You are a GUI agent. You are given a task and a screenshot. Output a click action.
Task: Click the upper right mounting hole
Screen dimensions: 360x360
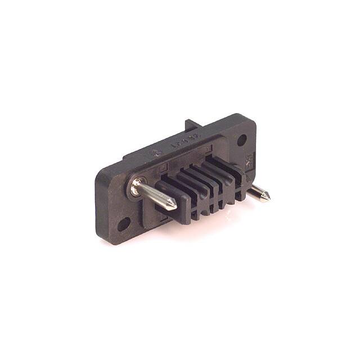point(242,140)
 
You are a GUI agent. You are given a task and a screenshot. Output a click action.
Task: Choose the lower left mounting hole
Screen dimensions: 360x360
point(123,225)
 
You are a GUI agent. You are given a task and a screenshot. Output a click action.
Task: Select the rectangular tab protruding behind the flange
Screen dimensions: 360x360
point(191,129)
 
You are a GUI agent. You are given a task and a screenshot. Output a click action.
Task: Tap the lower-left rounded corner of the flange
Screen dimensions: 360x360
point(107,237)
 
